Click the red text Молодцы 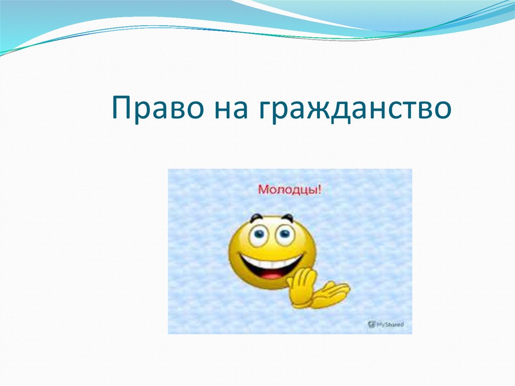(288, 190)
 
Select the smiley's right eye (285, 234)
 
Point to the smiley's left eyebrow (256, 217)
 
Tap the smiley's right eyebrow (288, 217)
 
